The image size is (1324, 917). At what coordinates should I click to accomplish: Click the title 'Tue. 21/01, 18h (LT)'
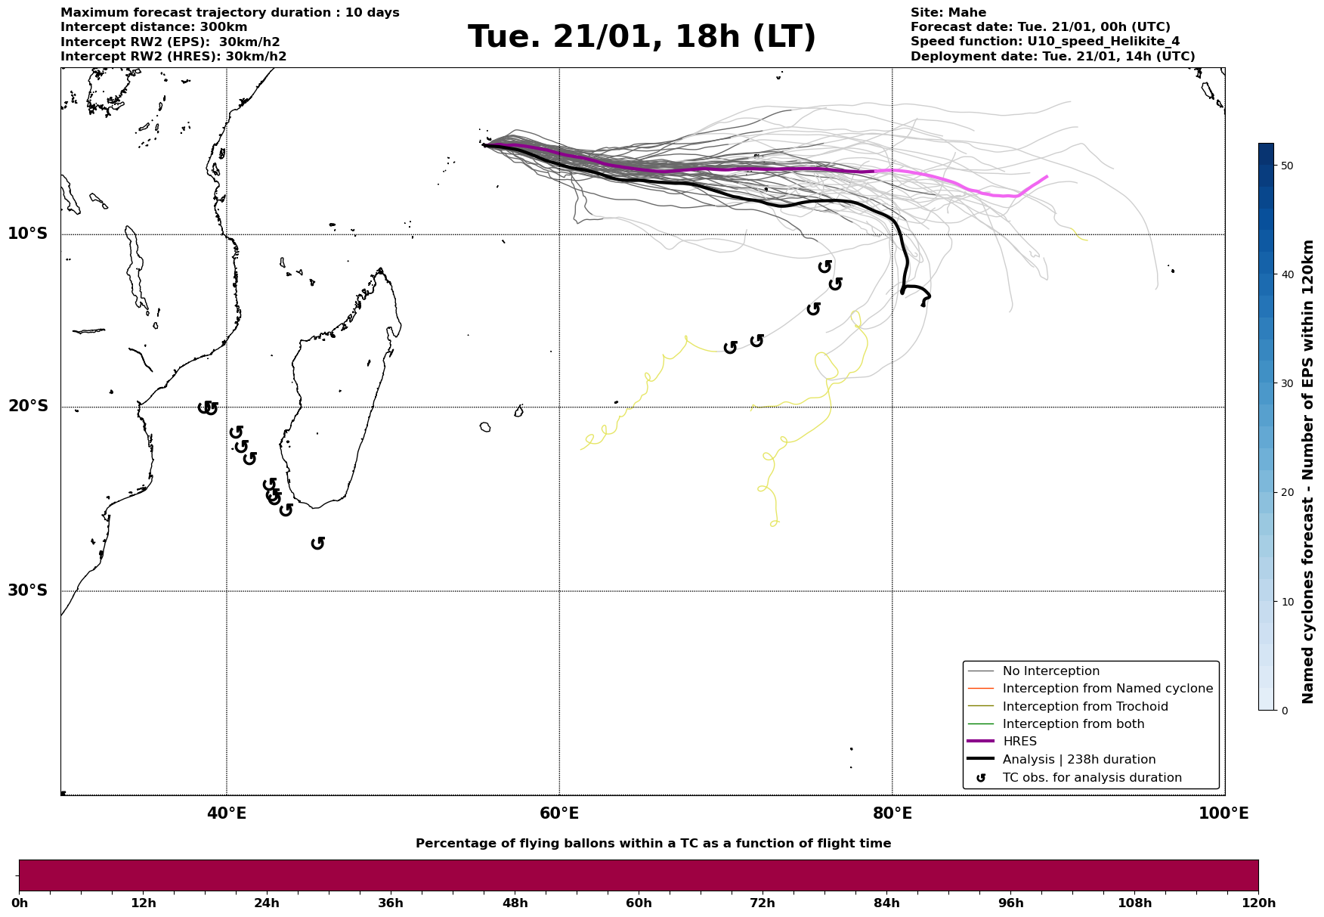pos(642,37)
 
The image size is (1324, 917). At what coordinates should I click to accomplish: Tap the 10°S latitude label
pos(28,234)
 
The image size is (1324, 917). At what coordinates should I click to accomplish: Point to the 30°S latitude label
pos(28,590)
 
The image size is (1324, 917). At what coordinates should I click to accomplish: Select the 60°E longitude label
pos(559,813)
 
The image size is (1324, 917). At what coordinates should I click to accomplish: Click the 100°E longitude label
pos(1223,813)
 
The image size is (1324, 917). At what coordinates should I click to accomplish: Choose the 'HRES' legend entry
pos(1019,742)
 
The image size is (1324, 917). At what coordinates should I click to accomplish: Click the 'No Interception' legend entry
pos(1050,671)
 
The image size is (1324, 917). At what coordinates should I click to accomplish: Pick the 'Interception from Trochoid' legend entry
pos(1084,707)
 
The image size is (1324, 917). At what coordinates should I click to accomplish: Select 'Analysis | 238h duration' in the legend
pos(1078,760)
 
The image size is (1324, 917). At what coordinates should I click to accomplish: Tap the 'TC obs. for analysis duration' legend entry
pos(1091,778)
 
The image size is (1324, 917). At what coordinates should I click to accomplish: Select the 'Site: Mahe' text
pos(948,13)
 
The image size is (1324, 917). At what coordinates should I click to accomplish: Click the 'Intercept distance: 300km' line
pos(153,27)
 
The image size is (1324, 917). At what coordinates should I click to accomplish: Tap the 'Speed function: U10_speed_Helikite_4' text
pos(1044,42)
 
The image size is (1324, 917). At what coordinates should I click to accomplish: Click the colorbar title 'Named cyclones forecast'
pos(1308,472)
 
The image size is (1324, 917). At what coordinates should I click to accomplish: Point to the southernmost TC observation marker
pos(318,543)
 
